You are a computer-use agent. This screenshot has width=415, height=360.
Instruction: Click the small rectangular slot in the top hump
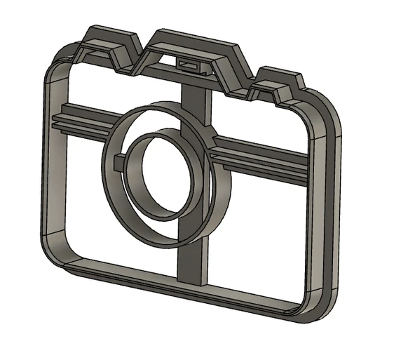coord(190,65)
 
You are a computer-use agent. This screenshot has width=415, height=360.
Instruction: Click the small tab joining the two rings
coord(118,164)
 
